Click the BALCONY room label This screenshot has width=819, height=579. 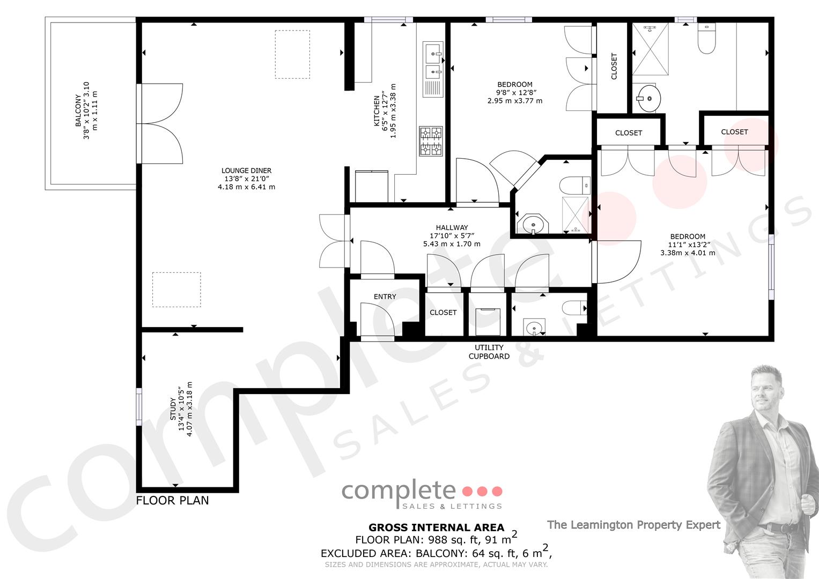pos(78,110)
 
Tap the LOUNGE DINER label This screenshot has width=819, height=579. pos(246,170)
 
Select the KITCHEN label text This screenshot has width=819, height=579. pos(377,111)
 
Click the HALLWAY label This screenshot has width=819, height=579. pos(452,227)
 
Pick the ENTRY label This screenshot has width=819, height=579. pos(385,297)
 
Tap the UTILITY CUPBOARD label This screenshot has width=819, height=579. pos(489,352)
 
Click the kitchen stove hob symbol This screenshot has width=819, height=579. pos(431,141)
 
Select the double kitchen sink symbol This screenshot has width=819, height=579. pos(433,69)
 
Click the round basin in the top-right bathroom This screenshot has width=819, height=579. pos(649,99)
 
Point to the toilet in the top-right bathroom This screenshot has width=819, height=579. pos(706,39)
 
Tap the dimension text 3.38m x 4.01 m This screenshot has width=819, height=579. pos(688,253)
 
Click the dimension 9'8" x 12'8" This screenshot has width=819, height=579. pos(516,92)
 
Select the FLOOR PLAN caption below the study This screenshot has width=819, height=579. pos(172,500)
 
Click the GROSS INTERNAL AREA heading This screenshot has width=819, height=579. pos(436,528)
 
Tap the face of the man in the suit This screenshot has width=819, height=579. pos(766,389)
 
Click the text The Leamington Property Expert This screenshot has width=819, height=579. pos(633,525)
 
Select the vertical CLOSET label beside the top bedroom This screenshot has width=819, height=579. pos(614,66)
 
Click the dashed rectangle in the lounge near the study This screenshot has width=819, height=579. pos(176,289)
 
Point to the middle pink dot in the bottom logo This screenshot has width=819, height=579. pos(482,491)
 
